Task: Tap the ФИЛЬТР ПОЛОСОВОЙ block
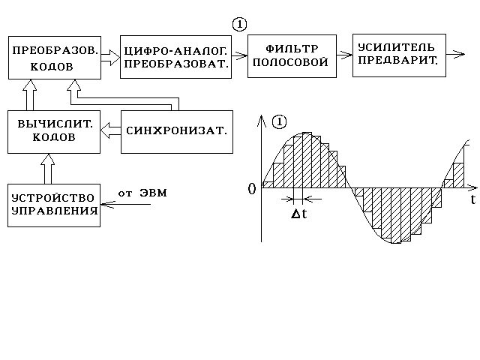(289, 56)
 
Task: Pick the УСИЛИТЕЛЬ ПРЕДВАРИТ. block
(398, 55)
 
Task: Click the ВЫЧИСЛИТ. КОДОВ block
(54, 132)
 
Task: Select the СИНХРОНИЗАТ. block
(175, 132)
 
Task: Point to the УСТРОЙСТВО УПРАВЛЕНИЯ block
(54, 204)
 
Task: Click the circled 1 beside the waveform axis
(280, 121)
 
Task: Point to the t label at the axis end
(472, 200)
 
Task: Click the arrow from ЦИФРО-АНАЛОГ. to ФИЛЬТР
(238, 55)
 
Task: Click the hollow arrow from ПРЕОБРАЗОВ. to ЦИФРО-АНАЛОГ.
(109, 56)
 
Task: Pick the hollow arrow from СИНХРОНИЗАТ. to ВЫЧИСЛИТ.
(110, 132)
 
